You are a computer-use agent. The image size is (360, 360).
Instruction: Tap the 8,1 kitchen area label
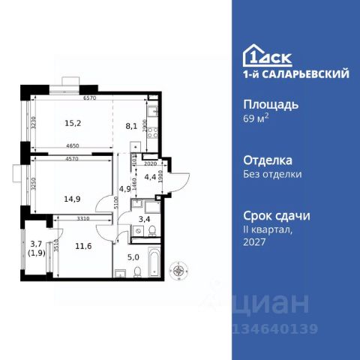pyautogui.click(x=131, y=126)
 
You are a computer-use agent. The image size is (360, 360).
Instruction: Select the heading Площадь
pyautogui.click(x=271, y=104)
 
